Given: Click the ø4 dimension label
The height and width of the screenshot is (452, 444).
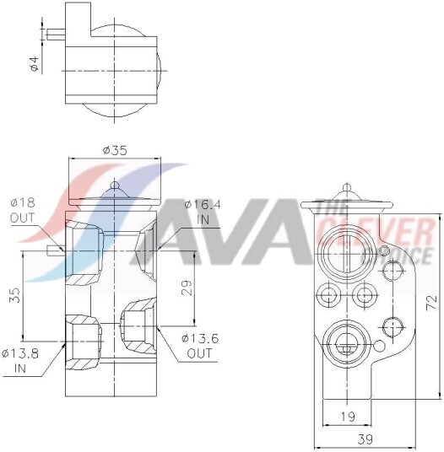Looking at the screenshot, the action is click(x=35, y=64).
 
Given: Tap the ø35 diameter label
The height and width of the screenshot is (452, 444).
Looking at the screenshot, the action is click(x=115, y=150).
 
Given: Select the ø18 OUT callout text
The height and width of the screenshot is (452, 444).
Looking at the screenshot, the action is click(x=23, y=210).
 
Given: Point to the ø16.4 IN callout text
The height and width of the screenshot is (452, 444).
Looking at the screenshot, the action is click(x=203, y=212).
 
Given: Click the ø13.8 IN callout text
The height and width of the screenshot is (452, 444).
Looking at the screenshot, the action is click(x=20, y=361).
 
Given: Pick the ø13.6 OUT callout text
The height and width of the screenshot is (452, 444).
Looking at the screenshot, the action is click(x=200, y=346).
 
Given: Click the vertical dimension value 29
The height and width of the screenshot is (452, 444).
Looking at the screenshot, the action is click(x=187, y=288).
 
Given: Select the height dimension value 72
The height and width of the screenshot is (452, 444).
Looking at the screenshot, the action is click(x=432, y=303).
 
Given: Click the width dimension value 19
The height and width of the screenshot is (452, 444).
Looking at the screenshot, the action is click(x=348, y=417).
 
